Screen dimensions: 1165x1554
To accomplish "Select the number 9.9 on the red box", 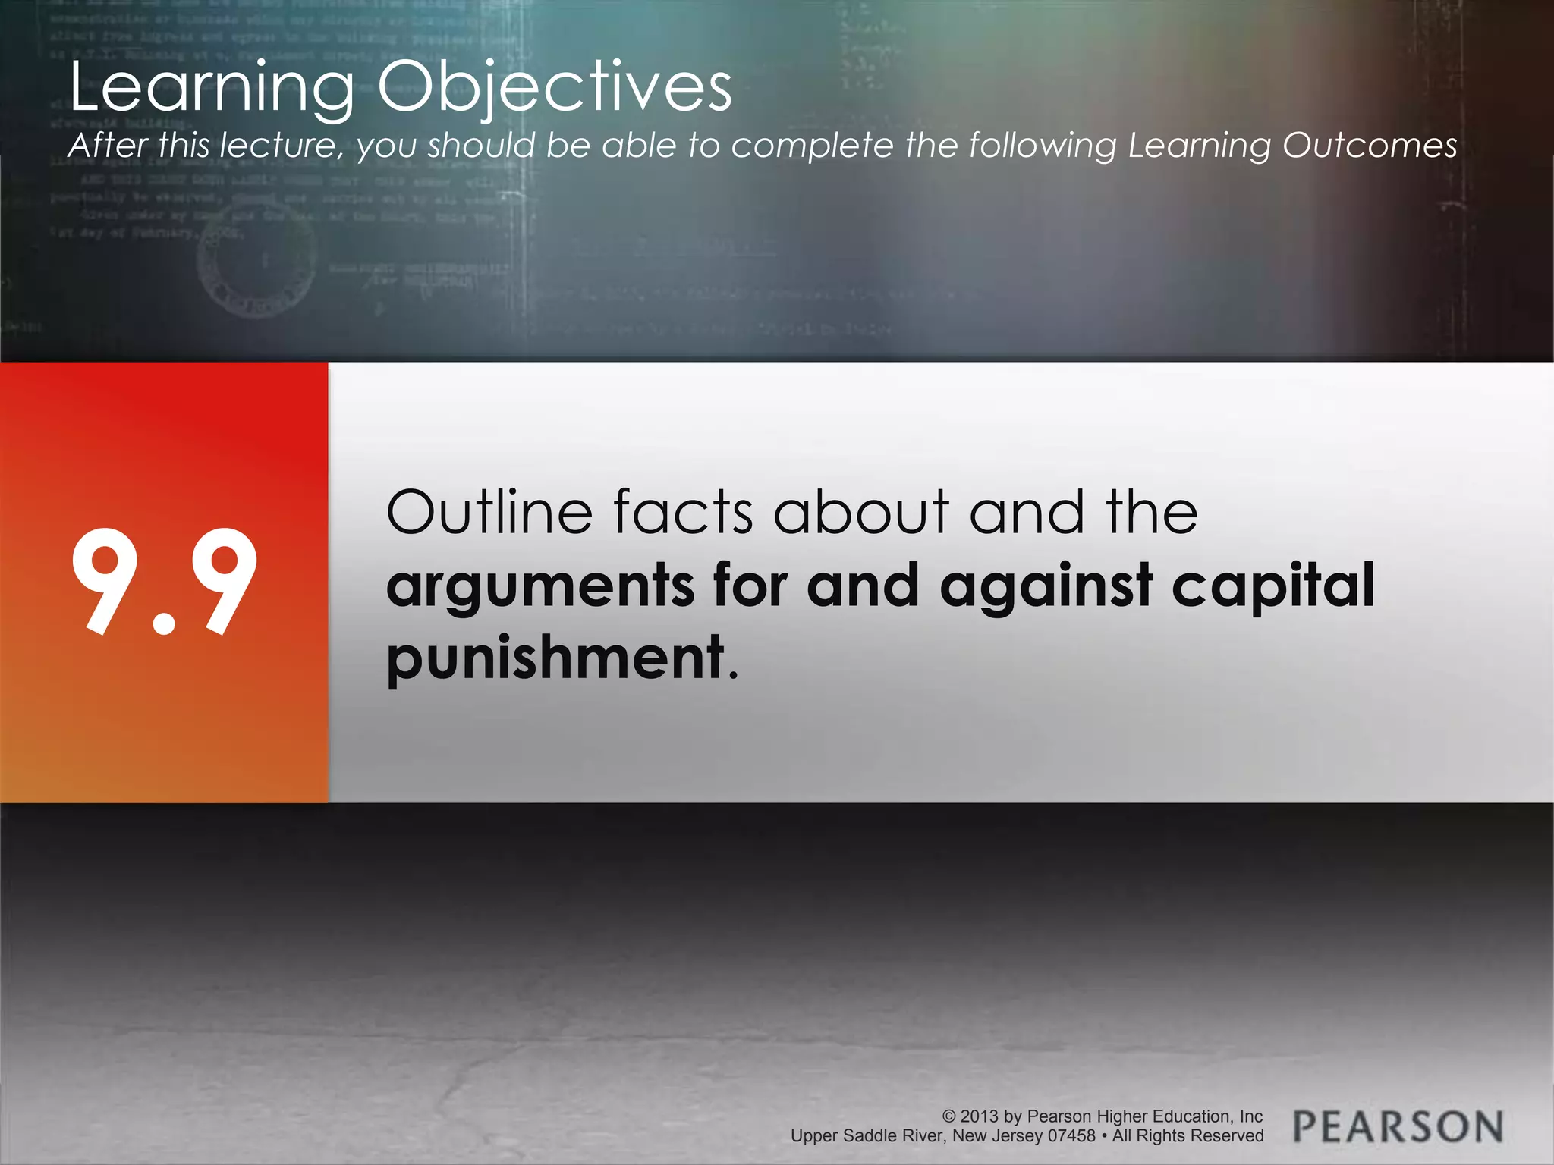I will (165, 582).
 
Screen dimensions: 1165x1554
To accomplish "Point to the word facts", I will (683, 513).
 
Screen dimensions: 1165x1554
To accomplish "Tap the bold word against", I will (1047, 586).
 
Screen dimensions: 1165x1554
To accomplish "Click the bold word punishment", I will (556, 658).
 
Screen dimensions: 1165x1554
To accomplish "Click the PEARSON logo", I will (1398, 1126).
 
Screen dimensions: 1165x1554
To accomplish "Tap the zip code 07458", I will (1071, 1136).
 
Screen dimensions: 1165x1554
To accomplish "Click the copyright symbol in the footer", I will (949, 1116).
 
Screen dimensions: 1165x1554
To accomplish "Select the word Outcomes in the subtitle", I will (1370, 146).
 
